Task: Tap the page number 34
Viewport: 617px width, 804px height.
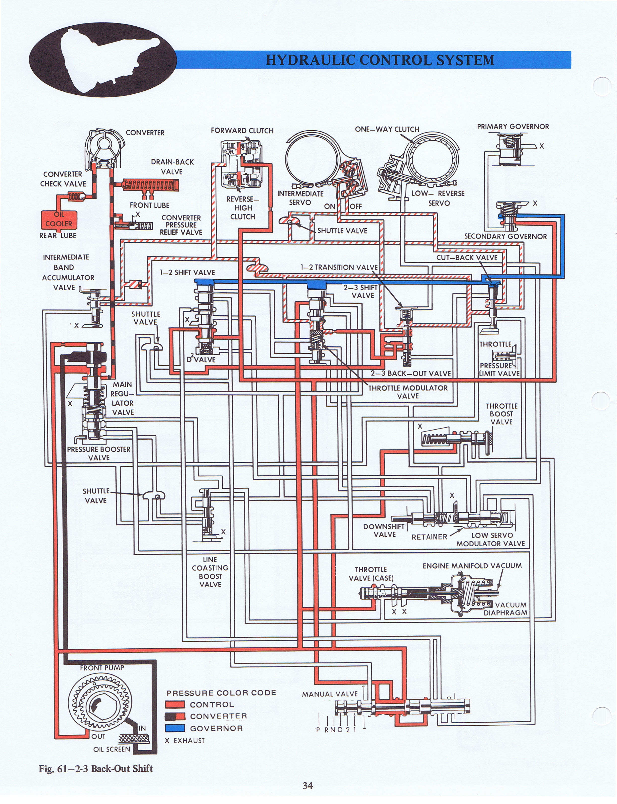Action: point(308,785)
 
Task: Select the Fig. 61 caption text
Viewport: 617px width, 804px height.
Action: point(96,768)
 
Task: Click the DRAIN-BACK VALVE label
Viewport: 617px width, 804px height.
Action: point(172,167)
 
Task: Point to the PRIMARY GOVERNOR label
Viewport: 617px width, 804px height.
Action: point(513,126)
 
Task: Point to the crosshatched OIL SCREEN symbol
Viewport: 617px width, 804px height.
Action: point(134,739)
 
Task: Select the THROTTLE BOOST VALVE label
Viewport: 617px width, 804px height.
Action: point(501,414)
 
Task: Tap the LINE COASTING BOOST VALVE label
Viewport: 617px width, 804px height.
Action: point(210,572)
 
